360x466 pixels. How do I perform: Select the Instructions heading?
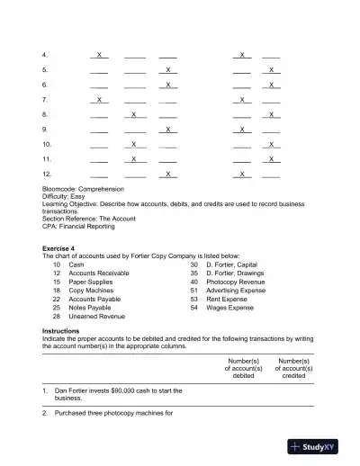pyautogui.click(x=62, y=331)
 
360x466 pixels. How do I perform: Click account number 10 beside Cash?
pyautogui.click(x=57, y=265)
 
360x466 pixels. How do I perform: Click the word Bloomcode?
pyautogui.click(x=60, y=189)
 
